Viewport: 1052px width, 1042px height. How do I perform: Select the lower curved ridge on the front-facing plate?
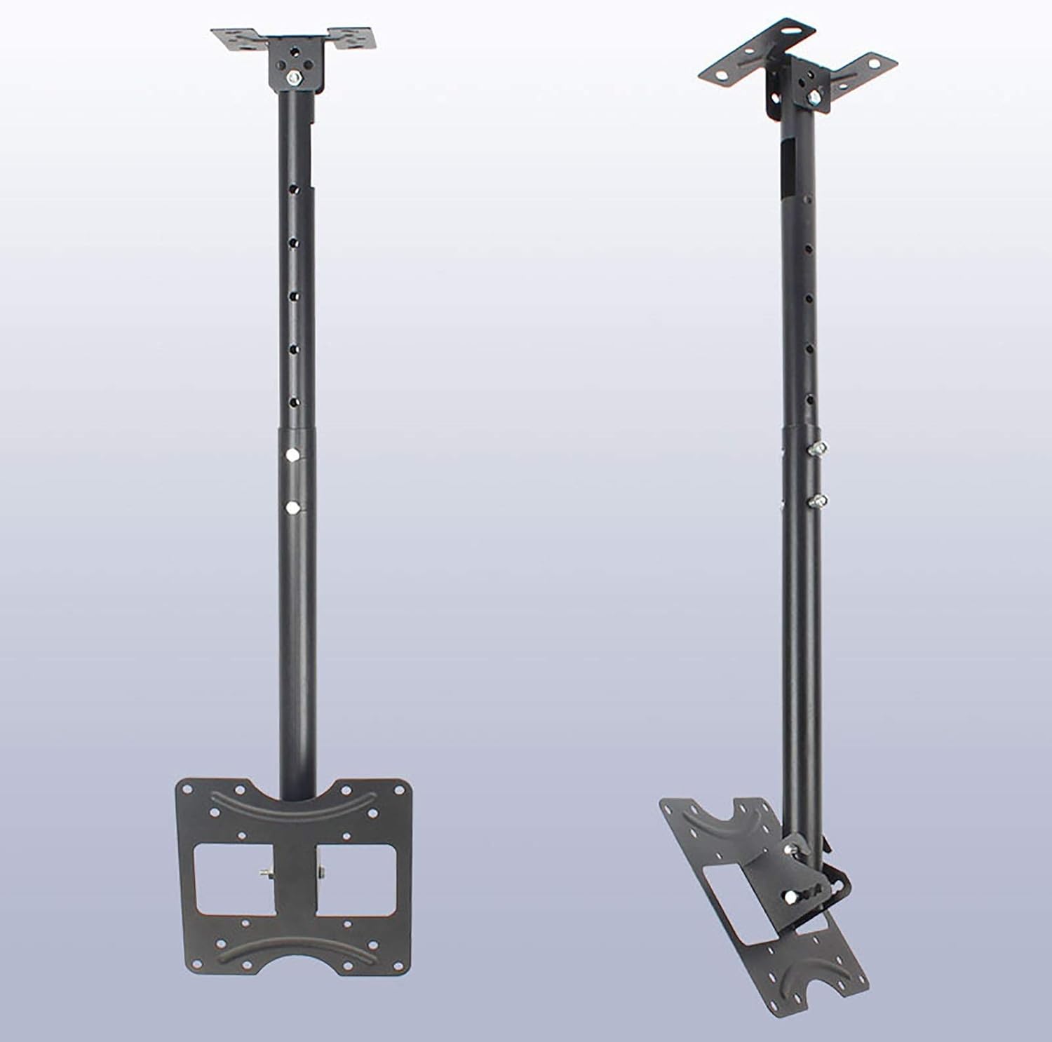pos(295,952)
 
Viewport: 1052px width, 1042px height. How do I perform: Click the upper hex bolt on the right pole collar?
pos(816,447)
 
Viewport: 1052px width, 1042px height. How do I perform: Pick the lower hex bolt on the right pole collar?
pos(816,500)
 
